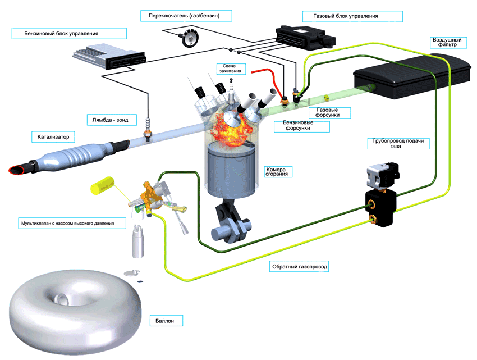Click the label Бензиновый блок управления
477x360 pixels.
coord(61,34)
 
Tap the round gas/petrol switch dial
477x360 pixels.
coord(190,38)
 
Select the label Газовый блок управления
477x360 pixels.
coord(345,16)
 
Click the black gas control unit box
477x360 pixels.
coord(305,38)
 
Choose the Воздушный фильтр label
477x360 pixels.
coord(447,42)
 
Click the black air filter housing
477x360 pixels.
coord(412,76)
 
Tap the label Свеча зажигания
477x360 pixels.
coord(230,69)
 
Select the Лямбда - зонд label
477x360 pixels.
coord(110,120)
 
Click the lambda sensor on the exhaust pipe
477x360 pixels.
coord(148,129)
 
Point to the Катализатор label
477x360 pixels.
coord(53,137)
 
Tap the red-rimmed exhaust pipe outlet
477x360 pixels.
coord(17,170)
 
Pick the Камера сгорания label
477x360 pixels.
coord(276,171)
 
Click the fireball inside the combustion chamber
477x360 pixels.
coord(232,128)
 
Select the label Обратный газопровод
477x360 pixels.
coord(299,267)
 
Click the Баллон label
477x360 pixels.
coord(164,321)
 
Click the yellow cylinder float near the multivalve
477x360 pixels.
coord(103,185)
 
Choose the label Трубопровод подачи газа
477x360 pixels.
coord(398,143)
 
